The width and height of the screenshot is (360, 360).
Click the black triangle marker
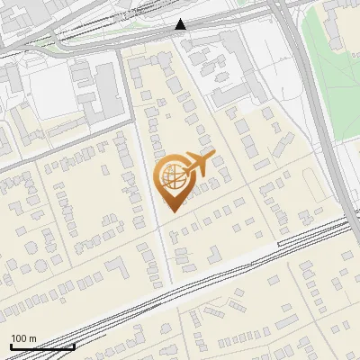[181, 24]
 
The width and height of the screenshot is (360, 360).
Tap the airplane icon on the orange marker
[199, 163]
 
